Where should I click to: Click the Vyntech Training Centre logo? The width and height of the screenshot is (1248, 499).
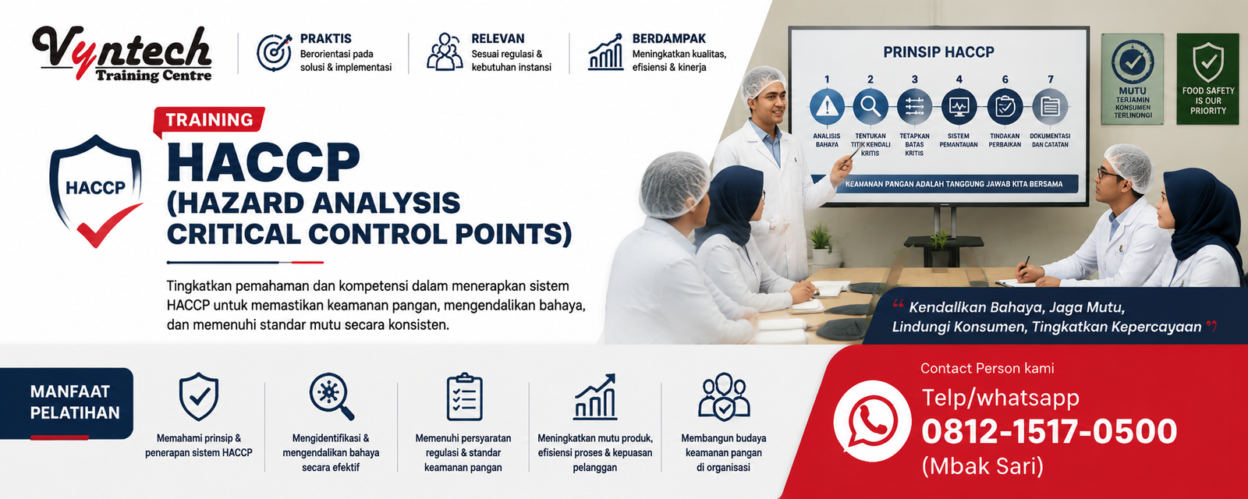click(122, 55)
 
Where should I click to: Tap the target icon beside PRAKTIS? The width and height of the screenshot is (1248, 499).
click(274, 52)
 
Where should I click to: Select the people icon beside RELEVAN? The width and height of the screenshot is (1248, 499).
click(445, 51)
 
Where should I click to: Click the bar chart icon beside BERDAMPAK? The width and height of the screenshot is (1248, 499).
click(605, 51)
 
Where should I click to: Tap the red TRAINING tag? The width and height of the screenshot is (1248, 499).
click(209, 120)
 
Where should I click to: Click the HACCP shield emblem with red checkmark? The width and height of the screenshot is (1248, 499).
click(96, 190)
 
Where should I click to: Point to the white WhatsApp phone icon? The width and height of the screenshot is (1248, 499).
click(872, 421)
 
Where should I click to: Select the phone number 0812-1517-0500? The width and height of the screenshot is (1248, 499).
click(1049, 431)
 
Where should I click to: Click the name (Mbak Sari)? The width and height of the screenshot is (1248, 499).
click(982, 465)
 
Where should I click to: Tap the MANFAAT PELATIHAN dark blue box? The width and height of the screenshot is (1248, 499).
click(66, 402)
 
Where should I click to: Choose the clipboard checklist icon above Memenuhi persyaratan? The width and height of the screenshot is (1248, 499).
click(464, 397)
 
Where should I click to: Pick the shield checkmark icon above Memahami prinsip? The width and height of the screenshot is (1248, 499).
click(199, 397)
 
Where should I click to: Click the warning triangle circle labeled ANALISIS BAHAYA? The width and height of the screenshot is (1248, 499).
click(826, 106)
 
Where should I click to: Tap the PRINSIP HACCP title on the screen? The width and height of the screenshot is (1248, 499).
click(939, 52)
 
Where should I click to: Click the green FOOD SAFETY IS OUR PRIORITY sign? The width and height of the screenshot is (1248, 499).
click(1207, 79)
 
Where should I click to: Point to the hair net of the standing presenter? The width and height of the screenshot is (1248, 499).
click(763, 83)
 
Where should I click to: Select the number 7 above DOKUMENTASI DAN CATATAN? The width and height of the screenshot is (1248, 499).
click(1050, 80)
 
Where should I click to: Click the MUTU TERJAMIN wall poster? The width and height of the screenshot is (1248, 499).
click(1132, 79)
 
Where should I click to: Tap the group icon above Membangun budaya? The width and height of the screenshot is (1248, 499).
click(724, 397)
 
